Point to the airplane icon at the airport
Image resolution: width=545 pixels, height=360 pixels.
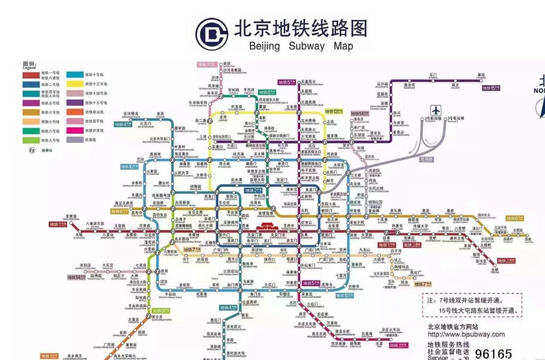(436, 111)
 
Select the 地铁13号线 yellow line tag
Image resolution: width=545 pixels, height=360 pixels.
(333, 112)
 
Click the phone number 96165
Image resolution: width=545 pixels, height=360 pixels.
(493, 354)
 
